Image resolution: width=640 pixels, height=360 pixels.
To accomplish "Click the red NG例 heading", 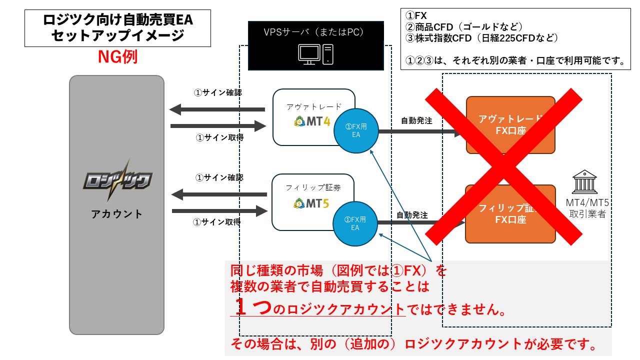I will (117, 57).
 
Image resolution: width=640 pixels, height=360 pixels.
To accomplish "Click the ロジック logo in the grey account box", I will (116, 180).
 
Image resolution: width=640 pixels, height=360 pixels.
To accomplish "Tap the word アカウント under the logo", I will (116, 214).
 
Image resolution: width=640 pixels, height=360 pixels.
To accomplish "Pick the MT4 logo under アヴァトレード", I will (313, 121).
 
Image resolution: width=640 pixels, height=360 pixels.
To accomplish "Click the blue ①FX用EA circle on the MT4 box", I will (355, 130).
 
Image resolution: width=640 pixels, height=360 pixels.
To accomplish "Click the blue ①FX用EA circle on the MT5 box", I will (355, 223).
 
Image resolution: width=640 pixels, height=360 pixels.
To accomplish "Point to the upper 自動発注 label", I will (416, 120).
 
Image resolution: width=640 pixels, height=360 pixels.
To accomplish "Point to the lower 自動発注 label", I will (412, 215).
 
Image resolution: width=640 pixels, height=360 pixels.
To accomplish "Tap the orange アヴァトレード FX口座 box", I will (510, 124).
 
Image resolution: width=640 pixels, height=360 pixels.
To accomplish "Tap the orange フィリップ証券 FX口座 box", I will (510, 213).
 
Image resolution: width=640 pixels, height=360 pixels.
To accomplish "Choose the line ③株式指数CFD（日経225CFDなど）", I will (482, 38).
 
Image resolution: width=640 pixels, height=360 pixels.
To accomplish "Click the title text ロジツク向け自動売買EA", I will (118, 20).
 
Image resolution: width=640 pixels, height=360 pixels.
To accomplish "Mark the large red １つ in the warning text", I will (252, 307).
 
